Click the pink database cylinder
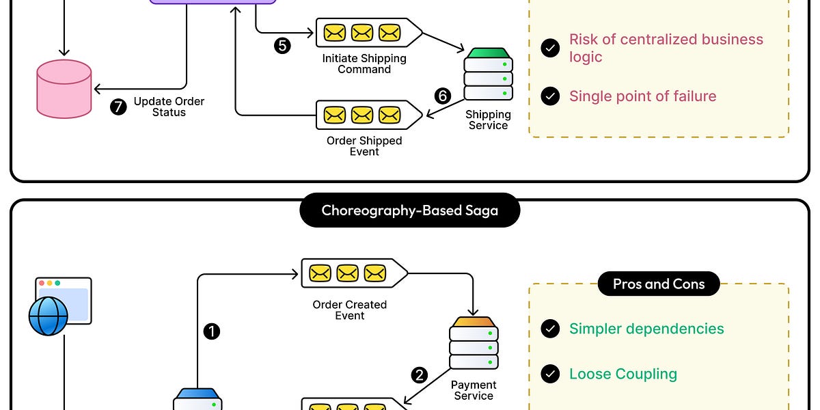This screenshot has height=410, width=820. tap(64, 89)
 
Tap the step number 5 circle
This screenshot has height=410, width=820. tap(282, 46)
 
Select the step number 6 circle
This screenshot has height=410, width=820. tap(443, 96)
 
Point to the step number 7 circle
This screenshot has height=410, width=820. tap(118, 107)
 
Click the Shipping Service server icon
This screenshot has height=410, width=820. tap(489, 74)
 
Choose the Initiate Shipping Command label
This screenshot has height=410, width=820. tap(364, 64)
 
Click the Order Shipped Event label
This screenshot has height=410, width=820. tap(364, 146)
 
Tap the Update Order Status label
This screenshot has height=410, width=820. tap(169, 107)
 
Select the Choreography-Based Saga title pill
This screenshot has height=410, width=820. tap(409, 210)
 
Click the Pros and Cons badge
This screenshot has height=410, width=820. tap(659, 284)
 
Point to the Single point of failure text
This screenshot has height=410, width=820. tap(642, 96)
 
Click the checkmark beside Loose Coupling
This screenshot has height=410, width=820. tap(550, 374)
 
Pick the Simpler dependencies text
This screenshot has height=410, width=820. tap(646, 329)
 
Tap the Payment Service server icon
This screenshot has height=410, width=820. tap(474, 343)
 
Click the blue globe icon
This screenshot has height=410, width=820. tap(49, 316)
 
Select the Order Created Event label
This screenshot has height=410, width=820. tap(350, 310)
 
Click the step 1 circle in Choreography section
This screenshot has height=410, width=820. tap(212, 331)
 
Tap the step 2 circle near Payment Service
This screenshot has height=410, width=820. tap(419, 375)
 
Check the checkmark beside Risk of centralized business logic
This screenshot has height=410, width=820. tap(550, 48)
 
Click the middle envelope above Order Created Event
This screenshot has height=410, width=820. tap(347, 273)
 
